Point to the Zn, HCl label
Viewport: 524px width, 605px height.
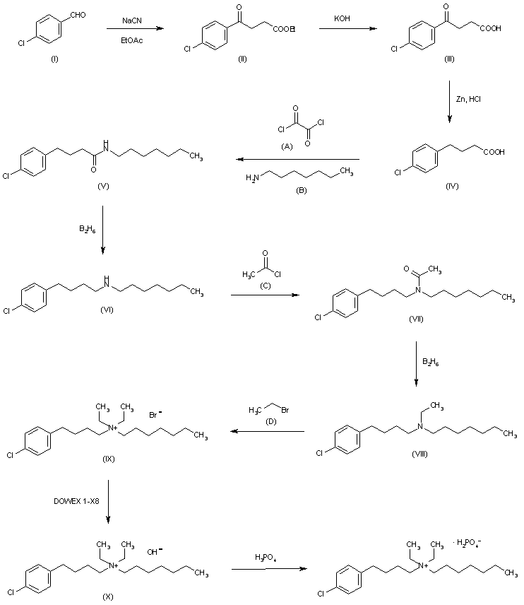pyautogui.click(x=476, y=100)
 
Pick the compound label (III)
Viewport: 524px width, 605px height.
pyautogui.click(x=448, y=59)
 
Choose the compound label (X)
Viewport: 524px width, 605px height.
pyautogui.click(x=108, y=597)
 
